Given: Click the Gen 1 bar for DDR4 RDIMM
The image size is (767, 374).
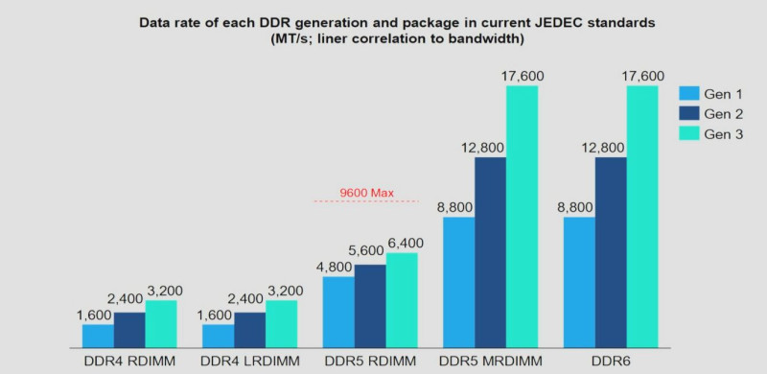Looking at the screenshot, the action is [98, 336].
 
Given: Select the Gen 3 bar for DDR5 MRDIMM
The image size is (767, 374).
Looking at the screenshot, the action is [522, 217].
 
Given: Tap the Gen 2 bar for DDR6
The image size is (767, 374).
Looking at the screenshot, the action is [611, 252].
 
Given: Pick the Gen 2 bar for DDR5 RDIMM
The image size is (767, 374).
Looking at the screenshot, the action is [370, 307].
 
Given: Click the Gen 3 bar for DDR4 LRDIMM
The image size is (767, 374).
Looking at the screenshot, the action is [281, 324].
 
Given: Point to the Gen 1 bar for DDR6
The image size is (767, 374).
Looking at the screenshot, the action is [579, 283].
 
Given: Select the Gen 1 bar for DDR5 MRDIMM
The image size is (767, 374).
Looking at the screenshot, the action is [459, 283].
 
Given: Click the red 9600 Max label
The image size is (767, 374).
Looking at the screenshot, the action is [367, 193].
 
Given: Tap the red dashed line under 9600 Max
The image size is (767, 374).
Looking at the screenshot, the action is [367, 201].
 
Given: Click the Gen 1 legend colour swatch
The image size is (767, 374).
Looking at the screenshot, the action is [688, 94].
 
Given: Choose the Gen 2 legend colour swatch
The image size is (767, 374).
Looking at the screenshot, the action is [688, 113].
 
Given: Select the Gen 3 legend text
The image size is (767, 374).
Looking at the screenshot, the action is [724, 134].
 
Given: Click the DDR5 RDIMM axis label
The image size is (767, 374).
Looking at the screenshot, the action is [370, 362].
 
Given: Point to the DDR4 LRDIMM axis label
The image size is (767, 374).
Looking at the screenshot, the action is [250, 362].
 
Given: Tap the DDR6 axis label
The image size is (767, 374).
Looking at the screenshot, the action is [611, 362].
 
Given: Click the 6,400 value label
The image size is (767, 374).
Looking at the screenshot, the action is [406, 243].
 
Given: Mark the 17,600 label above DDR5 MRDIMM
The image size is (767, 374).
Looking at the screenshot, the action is [523, 77].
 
